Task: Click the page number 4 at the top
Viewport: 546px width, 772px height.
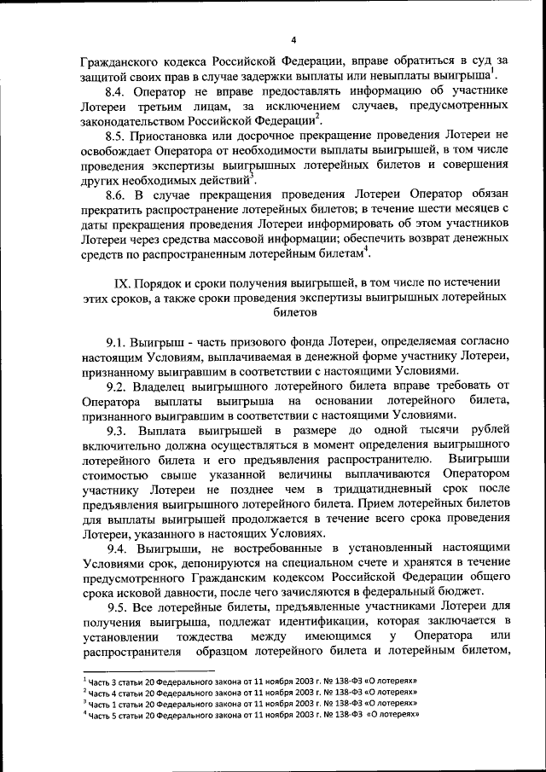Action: point(292,40)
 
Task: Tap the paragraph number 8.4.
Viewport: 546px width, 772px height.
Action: point(116,91)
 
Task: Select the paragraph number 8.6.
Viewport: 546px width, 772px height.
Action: point(116,196)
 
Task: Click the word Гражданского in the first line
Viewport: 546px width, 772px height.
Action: point(119,61)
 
